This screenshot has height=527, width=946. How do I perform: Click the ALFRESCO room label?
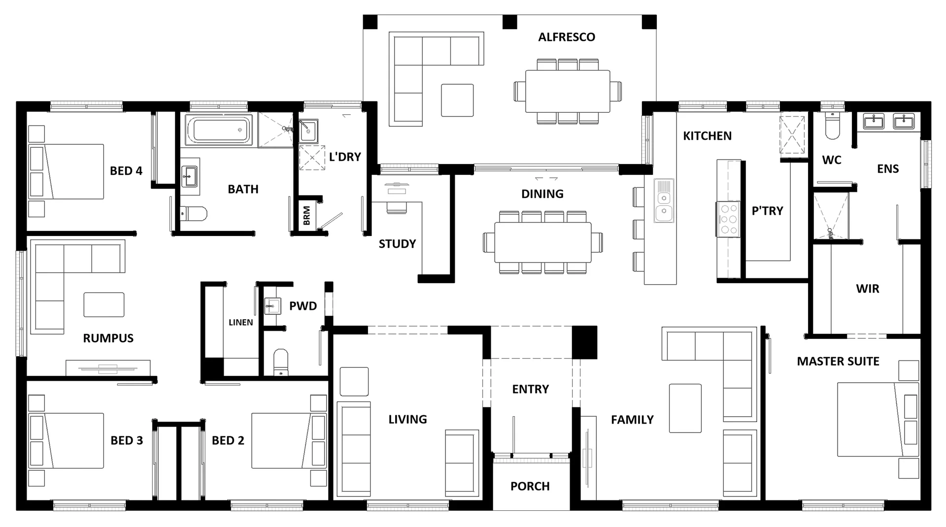click(x=566, y=37)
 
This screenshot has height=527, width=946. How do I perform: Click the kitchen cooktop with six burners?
click(x=728, y=220)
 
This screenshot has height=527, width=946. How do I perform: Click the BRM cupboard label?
click(x=307, y=216)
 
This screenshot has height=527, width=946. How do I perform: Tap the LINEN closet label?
click(x=240, y=322)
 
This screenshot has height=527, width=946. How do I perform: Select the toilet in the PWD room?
click(x=280, y=362)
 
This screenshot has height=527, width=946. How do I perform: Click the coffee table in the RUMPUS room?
click(x=103, y=304)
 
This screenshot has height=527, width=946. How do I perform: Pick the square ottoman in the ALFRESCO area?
click(x=457, y=100)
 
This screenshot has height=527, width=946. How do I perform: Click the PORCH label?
click(x=530, y=486)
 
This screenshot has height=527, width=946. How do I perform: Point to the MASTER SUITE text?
click(x=838, y=361)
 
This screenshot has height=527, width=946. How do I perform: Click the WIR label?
click(x=867, y=289)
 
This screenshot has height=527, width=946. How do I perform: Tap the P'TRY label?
click(x=767, y=211)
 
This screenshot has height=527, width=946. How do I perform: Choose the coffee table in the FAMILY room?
click(x=685, y=408)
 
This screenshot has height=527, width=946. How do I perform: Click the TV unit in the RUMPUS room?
click(x=108, y=367)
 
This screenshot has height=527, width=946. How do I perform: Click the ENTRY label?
click(x=530, y=389)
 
